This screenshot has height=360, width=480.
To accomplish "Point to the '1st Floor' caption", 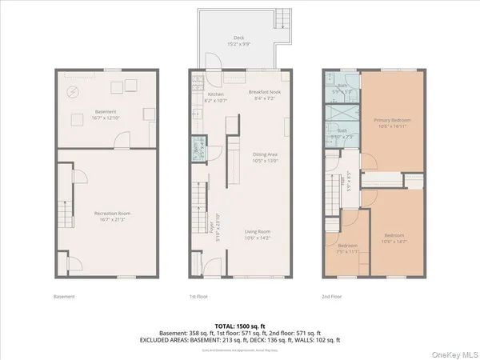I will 198,297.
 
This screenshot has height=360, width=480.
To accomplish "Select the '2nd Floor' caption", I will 332,297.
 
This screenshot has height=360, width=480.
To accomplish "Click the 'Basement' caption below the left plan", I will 64,297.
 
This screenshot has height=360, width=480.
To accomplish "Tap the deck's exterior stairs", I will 282,22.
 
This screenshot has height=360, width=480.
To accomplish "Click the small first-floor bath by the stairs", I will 195,147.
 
